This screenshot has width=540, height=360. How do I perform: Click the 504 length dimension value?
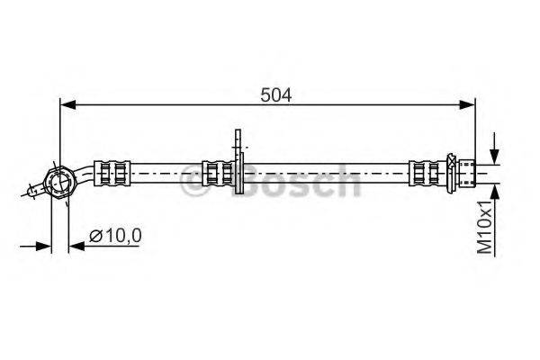(x=275, y=95)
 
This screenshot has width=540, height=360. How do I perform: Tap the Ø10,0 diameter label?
(x=115, y=236)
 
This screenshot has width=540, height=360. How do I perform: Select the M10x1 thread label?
(x=485, y=228)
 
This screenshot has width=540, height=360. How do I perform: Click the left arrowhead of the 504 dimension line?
(x=67, y=104)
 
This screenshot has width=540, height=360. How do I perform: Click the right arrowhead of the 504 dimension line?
(x=467, y=104)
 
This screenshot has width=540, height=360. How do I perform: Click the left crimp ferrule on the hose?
(x=112, y=173)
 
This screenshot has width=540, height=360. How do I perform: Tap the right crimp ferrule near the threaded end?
(x=427, y=173)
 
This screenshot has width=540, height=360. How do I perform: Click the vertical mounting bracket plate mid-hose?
(x=238, y=161)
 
